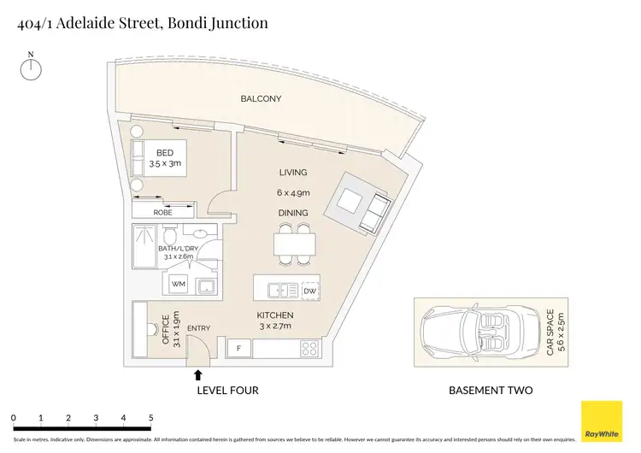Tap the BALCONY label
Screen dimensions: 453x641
tap(261, 99)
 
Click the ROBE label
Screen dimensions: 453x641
tap(162, 212)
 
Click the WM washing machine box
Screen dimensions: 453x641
tap(179, 283)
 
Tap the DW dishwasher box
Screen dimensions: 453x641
tap(309, 291)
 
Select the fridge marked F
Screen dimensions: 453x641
tap(238, 349)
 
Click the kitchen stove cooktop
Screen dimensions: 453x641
tap(309, 349)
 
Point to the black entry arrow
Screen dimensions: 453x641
tap(198, 374)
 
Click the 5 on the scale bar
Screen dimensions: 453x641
tap(151, 418)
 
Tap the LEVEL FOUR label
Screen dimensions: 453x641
tap(226, 391)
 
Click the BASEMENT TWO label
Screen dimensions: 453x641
tap(491, 391)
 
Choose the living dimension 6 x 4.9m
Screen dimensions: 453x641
tap(291, 192)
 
